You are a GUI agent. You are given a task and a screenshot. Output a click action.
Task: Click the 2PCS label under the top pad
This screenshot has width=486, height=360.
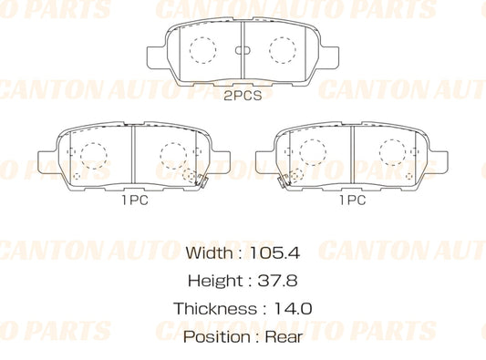coord(243,97)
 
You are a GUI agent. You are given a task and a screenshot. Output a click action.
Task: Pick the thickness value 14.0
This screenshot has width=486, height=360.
coord(292,309)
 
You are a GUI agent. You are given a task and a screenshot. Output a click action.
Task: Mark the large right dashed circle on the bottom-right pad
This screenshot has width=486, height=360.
coord(393,151)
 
